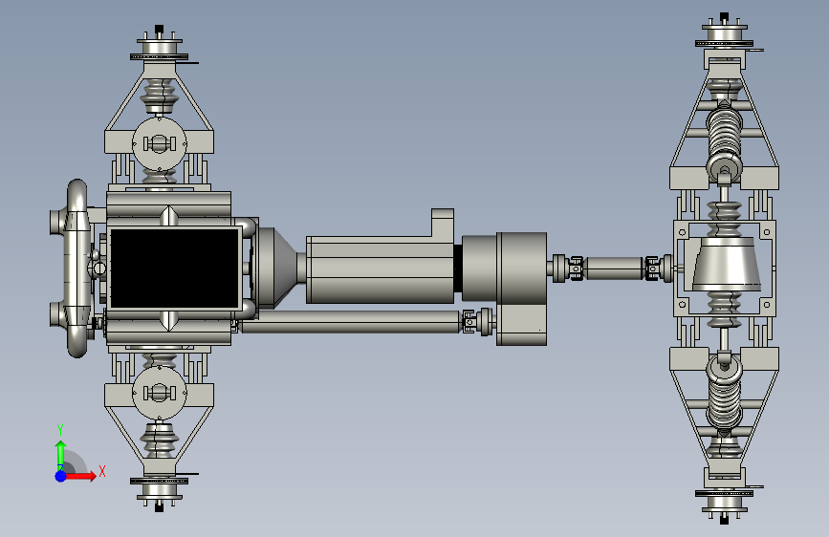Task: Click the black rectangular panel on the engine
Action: click(174, 268)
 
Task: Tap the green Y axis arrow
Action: click(61, 455)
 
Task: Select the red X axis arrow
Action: click(79, 476)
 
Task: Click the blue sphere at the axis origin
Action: click(61, 476)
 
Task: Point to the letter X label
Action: click(102, 471)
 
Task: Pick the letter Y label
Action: click(60, 430)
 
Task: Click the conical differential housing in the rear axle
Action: click(727, 264)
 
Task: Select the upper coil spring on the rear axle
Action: click(725, 136)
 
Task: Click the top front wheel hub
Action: click(159, 47)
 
